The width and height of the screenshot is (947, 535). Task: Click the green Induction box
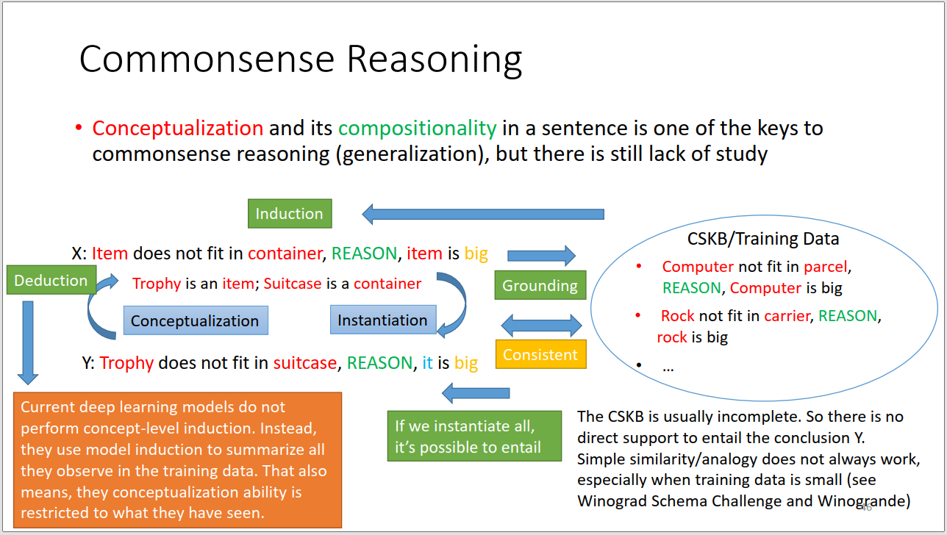pos(290,213)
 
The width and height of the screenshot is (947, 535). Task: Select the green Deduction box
pos(51,280)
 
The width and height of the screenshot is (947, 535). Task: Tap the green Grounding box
pos(540,285)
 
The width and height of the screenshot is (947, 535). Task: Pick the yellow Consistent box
pos(540,354)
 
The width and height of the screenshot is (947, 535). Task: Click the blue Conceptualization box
pos(196,320)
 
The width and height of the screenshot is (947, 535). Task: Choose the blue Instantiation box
pos(383,320)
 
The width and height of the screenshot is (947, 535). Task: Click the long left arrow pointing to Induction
pos(483,215)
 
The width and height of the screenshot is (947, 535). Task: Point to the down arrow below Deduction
pos(28,342)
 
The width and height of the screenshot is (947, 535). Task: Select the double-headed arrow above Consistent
pos(541,326)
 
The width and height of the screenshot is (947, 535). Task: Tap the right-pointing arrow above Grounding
pos(541,256)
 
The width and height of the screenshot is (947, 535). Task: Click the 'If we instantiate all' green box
pos(474,436)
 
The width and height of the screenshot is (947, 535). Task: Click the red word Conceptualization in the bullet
pos(178,128)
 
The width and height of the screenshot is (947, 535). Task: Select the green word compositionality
pos(418,129)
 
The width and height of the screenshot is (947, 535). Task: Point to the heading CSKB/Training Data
pos(762,239)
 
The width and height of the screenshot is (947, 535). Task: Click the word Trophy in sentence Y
pos(126,363)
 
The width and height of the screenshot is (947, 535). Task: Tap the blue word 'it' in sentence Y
pos(427,362)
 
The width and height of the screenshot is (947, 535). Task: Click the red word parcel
pos(825,267)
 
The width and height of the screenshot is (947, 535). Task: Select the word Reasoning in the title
pos(435,60)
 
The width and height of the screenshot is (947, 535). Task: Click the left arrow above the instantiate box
pos(476,393)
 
